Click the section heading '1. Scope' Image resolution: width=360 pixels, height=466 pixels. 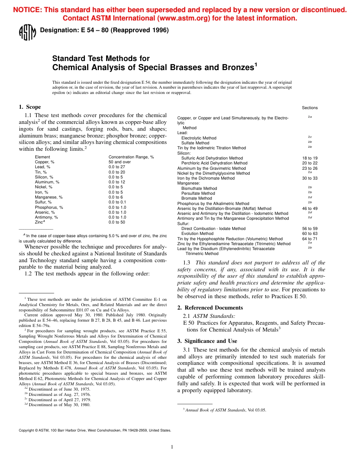[30, 107]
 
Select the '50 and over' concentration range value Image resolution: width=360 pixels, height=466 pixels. [119, 162]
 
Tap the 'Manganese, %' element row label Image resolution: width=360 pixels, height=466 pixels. [49, 197]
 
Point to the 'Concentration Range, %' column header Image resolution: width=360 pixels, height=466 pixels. [131, 157]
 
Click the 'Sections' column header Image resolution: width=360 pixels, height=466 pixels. [310, 108]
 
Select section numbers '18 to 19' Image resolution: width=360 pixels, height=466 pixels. [310, 158]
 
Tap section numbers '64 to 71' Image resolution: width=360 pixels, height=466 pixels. [310, 239]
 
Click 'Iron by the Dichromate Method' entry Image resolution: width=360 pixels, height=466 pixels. [206, 178]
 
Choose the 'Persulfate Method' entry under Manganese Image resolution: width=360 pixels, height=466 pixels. [198, 193]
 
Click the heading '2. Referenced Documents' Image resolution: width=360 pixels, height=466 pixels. [210, 308]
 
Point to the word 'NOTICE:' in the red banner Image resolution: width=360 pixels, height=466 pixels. [27, 10]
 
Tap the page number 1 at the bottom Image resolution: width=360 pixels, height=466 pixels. [172, 447]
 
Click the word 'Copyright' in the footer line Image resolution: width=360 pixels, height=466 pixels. [27, 430]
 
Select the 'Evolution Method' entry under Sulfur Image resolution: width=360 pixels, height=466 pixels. [197, 234]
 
